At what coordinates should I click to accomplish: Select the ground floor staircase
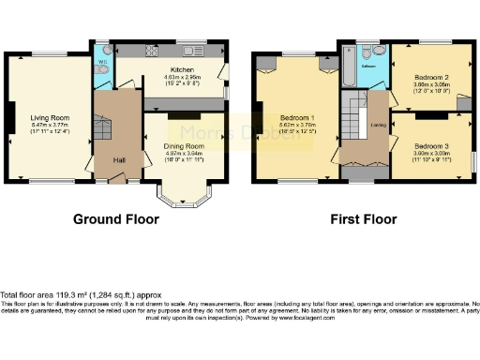tap(106, 122)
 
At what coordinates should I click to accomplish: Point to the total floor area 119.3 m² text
tap(76, 294)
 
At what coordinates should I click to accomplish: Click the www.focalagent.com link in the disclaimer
tap(315, 317)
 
